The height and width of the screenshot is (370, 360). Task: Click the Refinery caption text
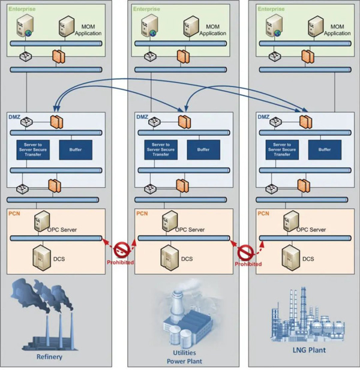tap(49, 357)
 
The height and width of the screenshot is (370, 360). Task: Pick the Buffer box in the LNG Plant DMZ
tap(325, 149)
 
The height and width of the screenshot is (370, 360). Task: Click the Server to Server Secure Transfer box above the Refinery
tap(32, 149)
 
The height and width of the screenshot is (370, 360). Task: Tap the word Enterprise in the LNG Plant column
tap(271, 10)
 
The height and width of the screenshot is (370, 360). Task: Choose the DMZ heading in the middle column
tap(142, 118)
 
